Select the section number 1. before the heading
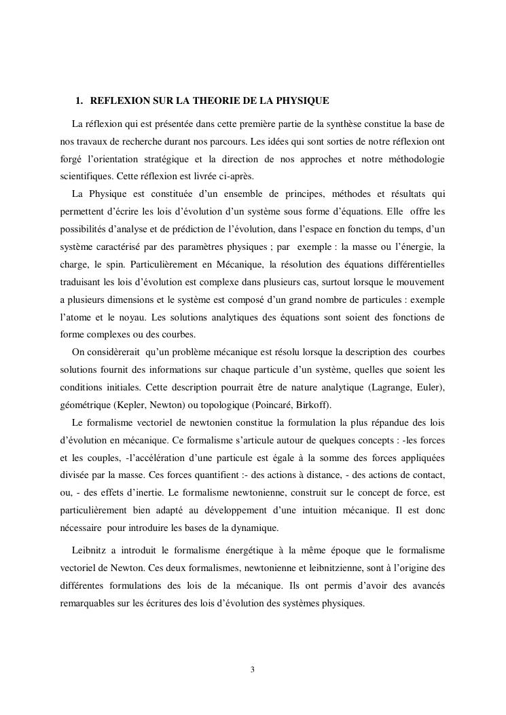[79, 100]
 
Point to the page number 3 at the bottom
[253, 670]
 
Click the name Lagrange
[390, 387]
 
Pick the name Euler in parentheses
[429, 387]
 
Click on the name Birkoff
[314, 405]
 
